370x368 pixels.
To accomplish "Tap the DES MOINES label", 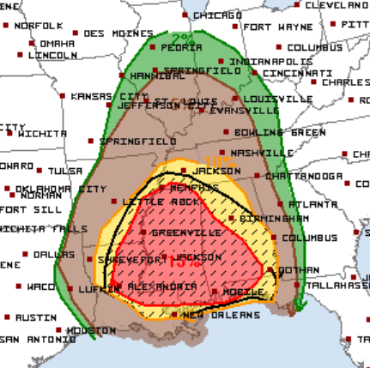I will click(114, 33).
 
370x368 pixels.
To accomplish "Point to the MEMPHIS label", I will click(195, 186).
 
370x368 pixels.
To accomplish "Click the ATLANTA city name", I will click(307, 204).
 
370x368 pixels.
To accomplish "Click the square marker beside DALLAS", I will click(26, 255).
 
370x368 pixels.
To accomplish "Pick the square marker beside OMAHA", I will click(33, 43).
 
